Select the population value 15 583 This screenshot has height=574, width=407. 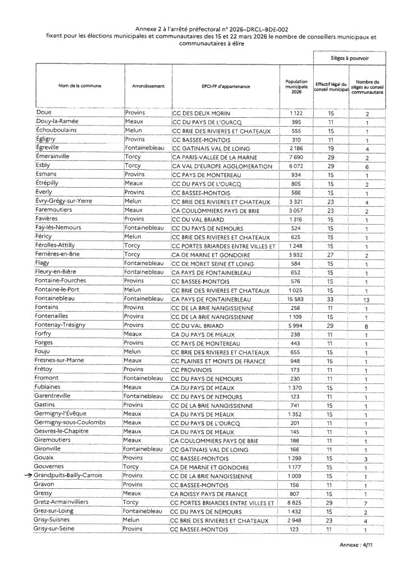click(296, 300)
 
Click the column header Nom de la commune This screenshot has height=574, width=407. click(78, 87)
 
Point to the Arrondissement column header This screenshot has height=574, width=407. click(148, 87)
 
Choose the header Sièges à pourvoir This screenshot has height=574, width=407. click(349, 58)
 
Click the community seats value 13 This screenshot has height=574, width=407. click(367, 300)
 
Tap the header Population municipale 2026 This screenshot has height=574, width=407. click(296, 87)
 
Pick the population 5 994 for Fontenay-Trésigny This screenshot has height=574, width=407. click(296, 325)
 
